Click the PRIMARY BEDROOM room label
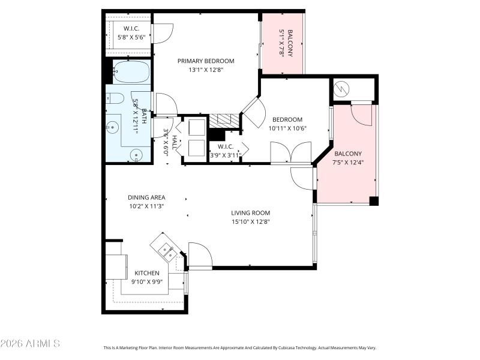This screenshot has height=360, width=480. pos(205,61)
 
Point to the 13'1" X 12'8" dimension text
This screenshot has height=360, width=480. pos(205,70)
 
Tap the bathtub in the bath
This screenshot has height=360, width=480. pos(131,72)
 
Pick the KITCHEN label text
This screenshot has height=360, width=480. pos(146,273)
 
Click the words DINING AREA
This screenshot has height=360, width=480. pos(146,197)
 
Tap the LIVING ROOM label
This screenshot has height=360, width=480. pos(251,213)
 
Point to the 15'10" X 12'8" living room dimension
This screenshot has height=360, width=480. pos(251,221)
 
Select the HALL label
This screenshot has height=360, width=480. pos(174,142)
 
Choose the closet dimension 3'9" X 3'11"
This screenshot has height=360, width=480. pos(226,155)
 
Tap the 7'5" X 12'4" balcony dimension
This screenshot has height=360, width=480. pos(348,162)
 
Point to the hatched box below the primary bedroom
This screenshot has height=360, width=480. pos(224,121)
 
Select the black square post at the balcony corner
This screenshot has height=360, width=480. pos(374,201)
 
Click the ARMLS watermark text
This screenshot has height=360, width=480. pos(30,344)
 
